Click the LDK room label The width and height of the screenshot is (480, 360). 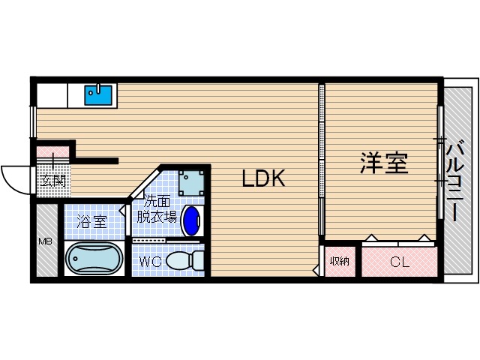coord(262,178)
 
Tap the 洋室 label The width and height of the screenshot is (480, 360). coord(384,163)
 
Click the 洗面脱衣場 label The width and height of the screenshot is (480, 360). coord(156,209)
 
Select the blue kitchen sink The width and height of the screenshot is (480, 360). coord(98,94)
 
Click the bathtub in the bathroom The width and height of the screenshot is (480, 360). coord(94,259)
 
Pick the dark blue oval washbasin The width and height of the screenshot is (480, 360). coord(192,220)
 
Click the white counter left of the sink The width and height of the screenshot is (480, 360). coord(52,94)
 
